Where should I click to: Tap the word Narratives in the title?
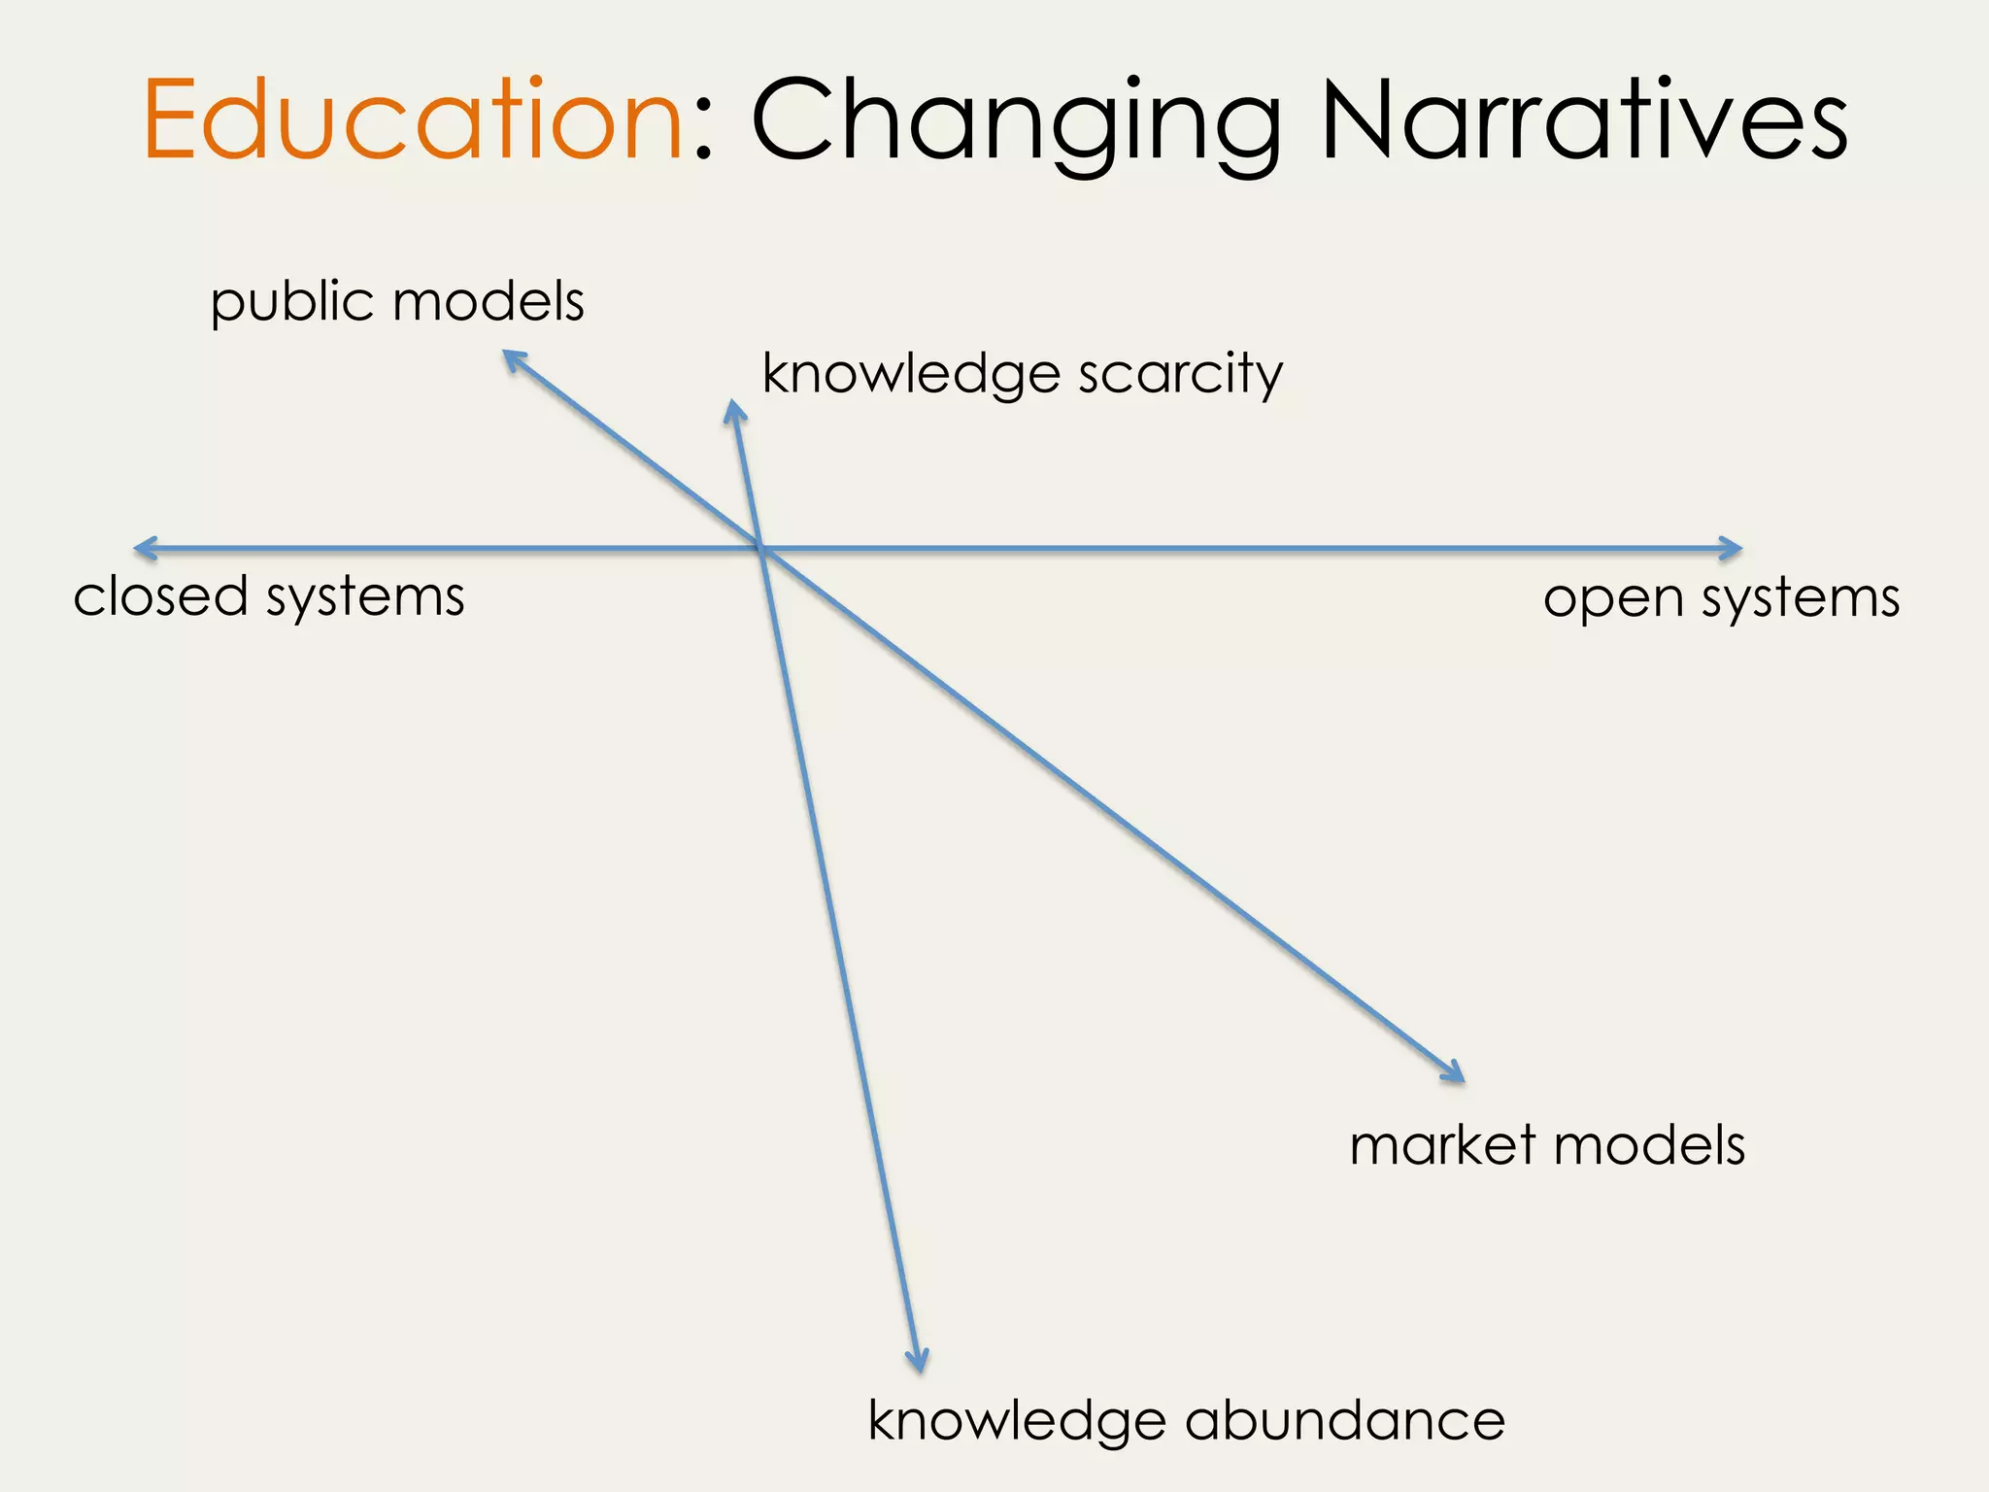[x=1584, y=120]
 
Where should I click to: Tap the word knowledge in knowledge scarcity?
[x=911, y=375]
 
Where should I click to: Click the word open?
[x=1613, y=598]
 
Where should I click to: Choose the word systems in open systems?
[x=1801, y=598]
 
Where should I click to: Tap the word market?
[x=1443, y=1145]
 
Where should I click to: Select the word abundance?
[x=1345, y=1421]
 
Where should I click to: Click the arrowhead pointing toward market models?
[x=1456, y=1074]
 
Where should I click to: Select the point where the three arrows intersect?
[x=761, y=550]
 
